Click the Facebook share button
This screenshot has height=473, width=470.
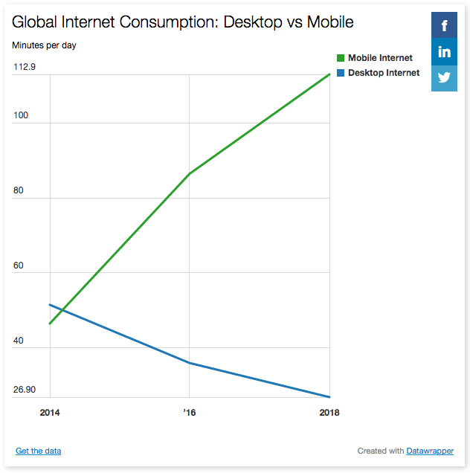point(444,26)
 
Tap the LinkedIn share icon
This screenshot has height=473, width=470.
point(444,52)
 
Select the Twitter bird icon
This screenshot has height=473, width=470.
point(444,78)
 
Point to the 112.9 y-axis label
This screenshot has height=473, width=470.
point(25,67)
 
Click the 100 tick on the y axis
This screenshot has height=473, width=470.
point(21,115)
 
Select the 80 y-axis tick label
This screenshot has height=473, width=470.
point(19,190)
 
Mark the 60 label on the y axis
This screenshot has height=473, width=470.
point(19,266)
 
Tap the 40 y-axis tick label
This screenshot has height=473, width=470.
point(19,341)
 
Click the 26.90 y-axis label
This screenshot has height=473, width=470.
point(25,390)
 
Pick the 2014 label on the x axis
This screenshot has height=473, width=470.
point(50,413)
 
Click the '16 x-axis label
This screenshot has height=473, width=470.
point(190,413)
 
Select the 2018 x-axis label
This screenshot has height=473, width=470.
point(329,413)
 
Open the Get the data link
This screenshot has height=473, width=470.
point(38,451)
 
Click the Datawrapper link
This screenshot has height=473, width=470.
point(430,451)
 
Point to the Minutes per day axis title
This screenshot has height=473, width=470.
point(44,45)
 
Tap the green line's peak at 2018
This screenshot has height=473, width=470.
point(329,74)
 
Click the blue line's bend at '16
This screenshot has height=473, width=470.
point(190,363)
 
